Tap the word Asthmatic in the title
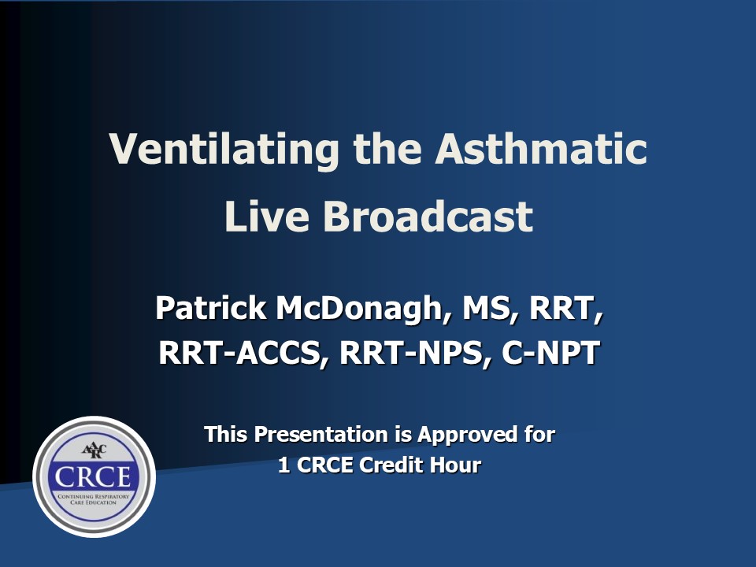[x=541, y=149]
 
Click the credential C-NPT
[x=550, y=353]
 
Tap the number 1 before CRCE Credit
[x=283, y=465]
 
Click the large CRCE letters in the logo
[x=93, y=476]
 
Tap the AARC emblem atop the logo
[x=94, y=450]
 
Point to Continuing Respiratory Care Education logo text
[x=94, y=499]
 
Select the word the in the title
[x=387, y=149]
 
